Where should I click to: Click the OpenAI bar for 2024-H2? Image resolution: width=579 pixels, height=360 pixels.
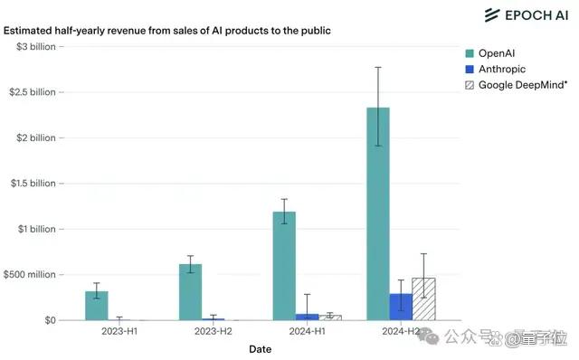(378, 213)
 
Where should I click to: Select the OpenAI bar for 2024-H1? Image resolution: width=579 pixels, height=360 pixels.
(284, 266)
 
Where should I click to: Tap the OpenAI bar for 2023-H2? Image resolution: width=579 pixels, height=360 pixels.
(191, 292)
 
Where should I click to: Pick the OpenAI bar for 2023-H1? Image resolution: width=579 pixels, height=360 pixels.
(97, 306)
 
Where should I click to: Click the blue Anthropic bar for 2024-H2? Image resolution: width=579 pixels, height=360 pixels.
(401, 307)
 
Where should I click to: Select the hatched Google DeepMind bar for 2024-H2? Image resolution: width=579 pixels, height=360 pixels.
(423, 299)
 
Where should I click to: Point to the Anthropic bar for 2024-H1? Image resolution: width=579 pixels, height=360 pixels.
(308, 317)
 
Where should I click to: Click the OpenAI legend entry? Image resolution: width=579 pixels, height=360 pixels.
(490, 53)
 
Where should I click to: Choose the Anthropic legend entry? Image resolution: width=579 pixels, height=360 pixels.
(495, 69)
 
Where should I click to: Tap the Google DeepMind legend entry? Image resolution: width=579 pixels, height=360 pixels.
(517, 85)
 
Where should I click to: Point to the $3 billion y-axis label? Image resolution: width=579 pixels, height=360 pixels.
(36, 47)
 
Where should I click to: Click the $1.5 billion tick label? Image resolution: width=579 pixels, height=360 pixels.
(33, 184)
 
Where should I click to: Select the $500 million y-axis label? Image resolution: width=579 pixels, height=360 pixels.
(30, 275)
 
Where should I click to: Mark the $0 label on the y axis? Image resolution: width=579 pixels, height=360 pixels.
(51, 320)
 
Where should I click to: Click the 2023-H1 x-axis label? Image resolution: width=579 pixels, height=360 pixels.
(119, 331)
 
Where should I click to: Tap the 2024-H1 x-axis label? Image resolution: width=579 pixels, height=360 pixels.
(308, 331)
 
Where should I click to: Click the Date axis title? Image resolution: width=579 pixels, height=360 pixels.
(261, 349)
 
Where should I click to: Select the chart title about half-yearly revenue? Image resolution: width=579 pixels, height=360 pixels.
(166, 31)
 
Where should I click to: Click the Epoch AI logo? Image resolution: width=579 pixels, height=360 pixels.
(527, 15)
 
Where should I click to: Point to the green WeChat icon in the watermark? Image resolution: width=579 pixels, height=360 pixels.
(428, 336)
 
